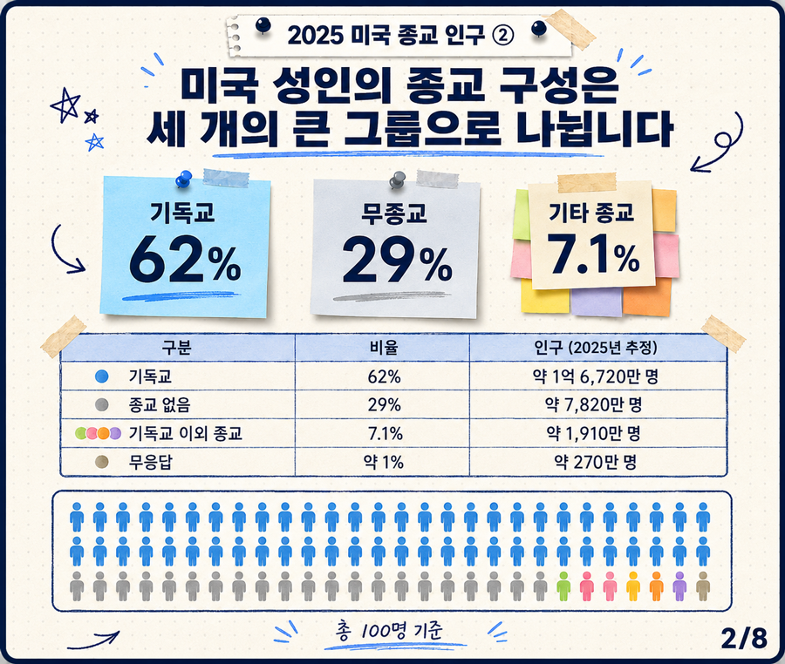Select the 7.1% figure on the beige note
[593, 254]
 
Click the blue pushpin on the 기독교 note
[184, 179]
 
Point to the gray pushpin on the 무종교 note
[398, 180]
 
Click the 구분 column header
[177, 348]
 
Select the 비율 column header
[384, 348]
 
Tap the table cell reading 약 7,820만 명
[594, 404]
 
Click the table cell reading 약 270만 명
[595, 462]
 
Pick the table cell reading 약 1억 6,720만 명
[595, 376]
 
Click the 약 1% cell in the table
[384, 462]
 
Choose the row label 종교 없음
[160, 404]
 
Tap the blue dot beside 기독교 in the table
[102, 376]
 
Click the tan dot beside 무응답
[102, 462]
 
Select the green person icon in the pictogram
[563, 586]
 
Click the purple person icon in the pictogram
[679, 586]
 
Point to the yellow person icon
[633, 586]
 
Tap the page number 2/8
[744, 638]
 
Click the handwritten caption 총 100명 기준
[391, 631]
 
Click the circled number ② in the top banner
[503, 35]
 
